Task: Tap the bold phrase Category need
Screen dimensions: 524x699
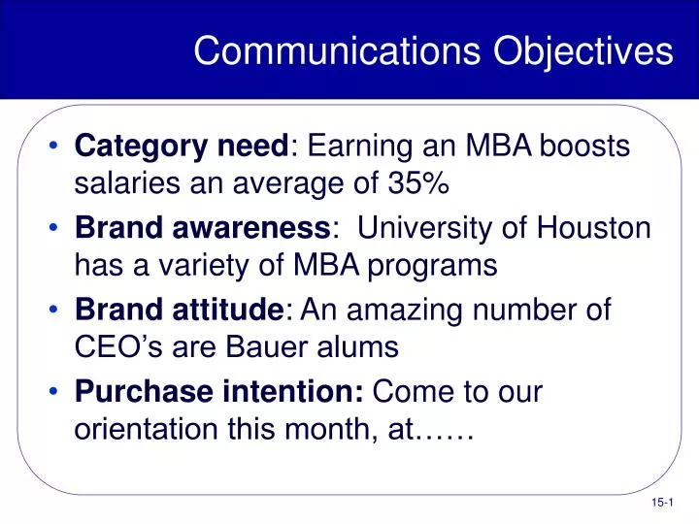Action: point(182,147)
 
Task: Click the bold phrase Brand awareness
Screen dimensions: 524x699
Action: point(202,229)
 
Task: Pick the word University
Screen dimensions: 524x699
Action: point(428,229)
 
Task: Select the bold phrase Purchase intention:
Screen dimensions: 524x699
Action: point(219,393)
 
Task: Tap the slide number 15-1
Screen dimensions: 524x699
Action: point(662,501)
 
